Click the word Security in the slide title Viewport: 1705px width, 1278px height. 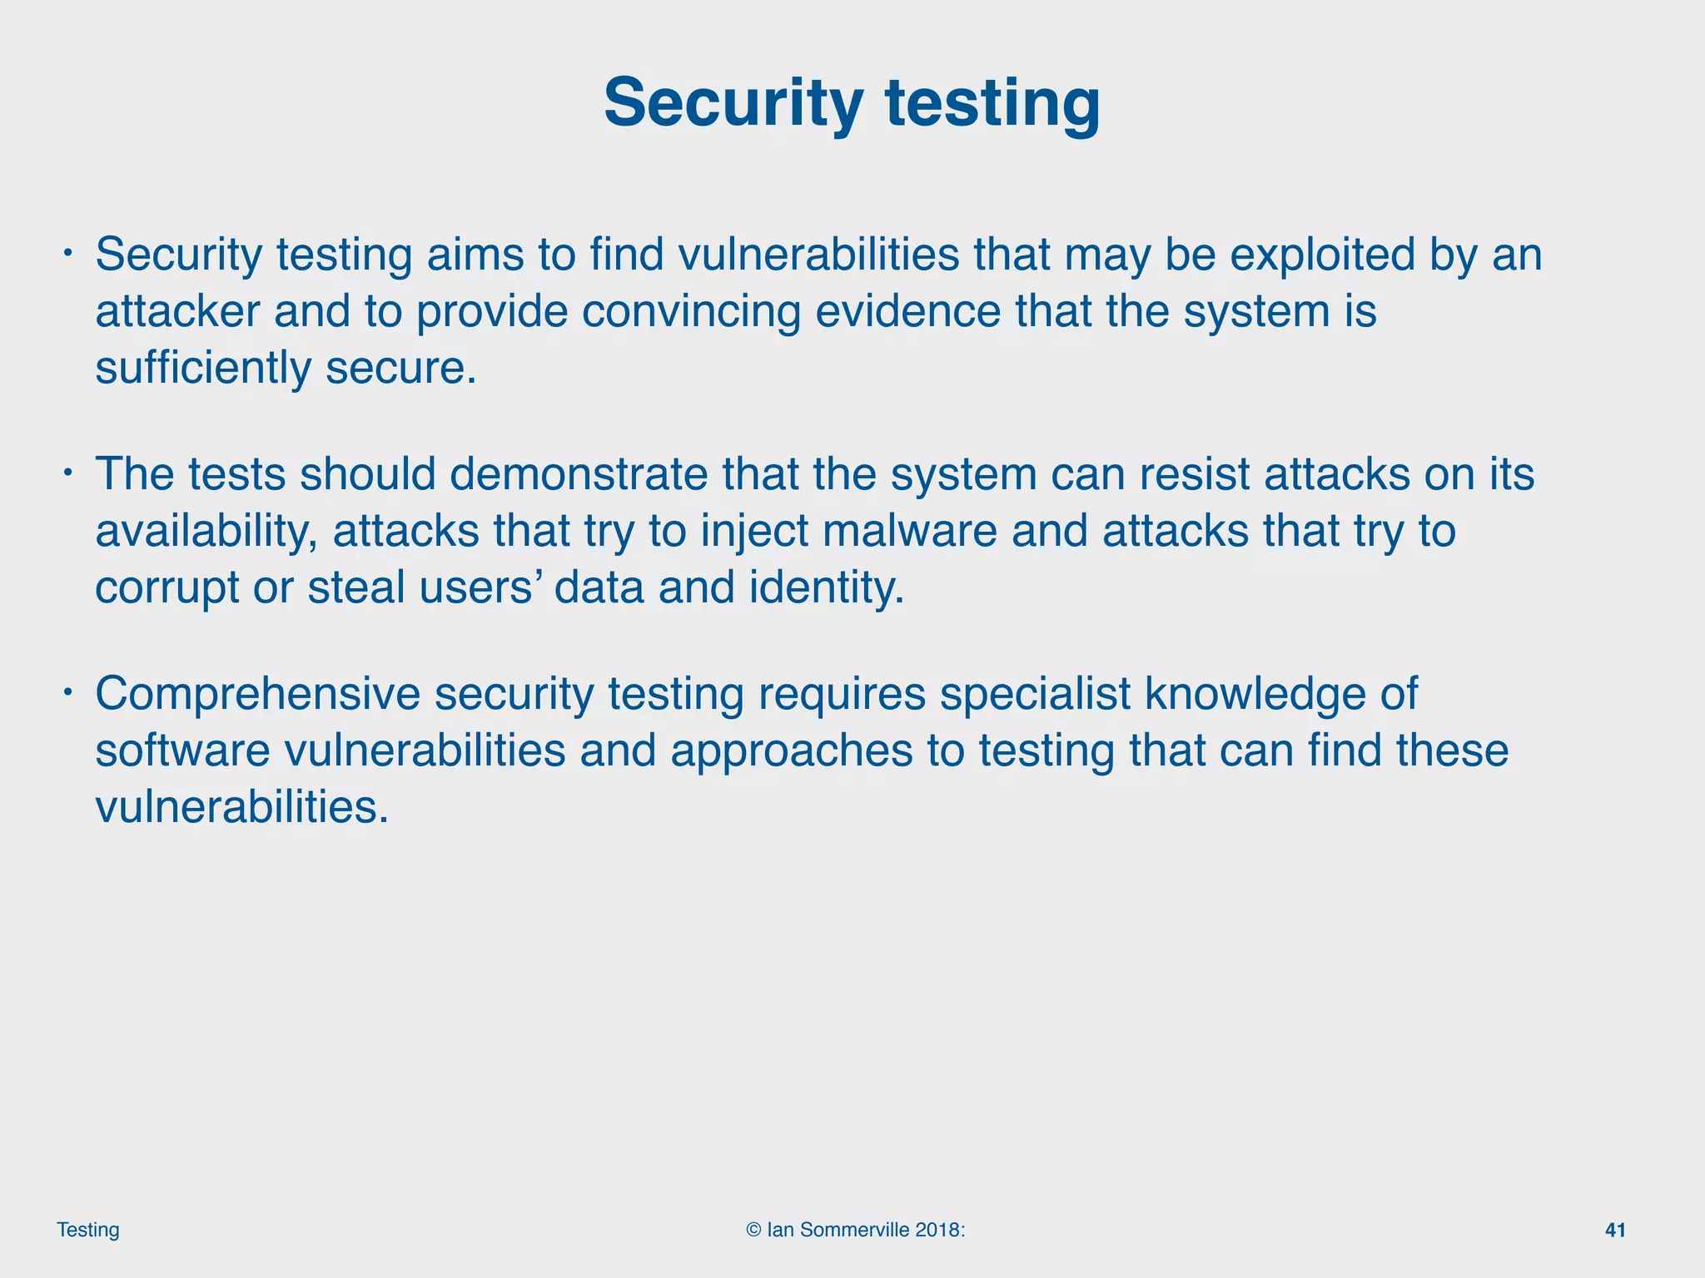pos(733,103)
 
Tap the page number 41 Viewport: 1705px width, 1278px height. pos(1615,1230)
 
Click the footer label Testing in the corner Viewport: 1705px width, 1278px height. pos(88,1230)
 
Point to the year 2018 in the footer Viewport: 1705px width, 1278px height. pos(937,1230)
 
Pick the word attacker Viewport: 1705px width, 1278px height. pos(177,311)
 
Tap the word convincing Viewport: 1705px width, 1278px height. pos(691,311)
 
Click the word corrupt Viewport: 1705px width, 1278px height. pos(167,587)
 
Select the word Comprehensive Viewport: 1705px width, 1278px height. pos(257,694)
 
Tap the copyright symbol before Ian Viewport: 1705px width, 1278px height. pos(753,1230)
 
